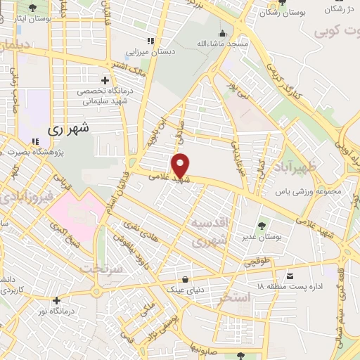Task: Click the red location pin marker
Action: [x=181, y=165]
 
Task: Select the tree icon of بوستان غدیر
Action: [x=262, y=226]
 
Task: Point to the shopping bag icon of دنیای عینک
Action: [x=184, y=278]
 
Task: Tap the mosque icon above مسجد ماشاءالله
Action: [x=222, y=33]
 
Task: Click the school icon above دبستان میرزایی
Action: [x=149, y=40]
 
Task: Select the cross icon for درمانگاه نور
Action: [x=57, y=300]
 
